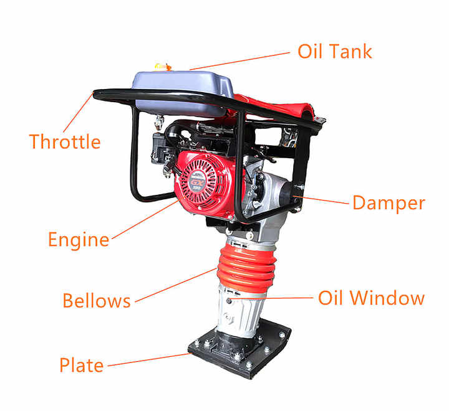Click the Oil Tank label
click(x=334, y=51)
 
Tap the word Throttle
click(x=64, y=141)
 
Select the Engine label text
click(x=79, y=239)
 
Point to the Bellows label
click(x=97, y=301)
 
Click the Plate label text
click(x=81, y=365)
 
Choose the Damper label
click(x=389, y=203)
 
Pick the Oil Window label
click(x=371, y=298)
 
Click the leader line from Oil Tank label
click(x=240, y=60)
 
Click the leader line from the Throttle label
click(x=78, y=113)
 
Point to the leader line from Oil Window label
click(x=274, y=298)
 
